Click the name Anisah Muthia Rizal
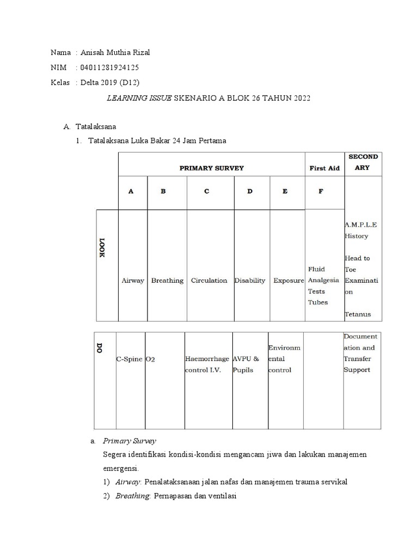114,53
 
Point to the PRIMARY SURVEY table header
212,168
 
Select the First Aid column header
324,168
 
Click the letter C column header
206,191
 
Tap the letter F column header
321,191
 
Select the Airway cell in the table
133,281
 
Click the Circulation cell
209,281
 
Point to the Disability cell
250,281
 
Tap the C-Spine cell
130,360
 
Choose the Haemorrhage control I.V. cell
207,365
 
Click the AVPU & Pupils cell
246,365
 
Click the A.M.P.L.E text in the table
360,225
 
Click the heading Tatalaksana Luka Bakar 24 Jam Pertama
157,141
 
